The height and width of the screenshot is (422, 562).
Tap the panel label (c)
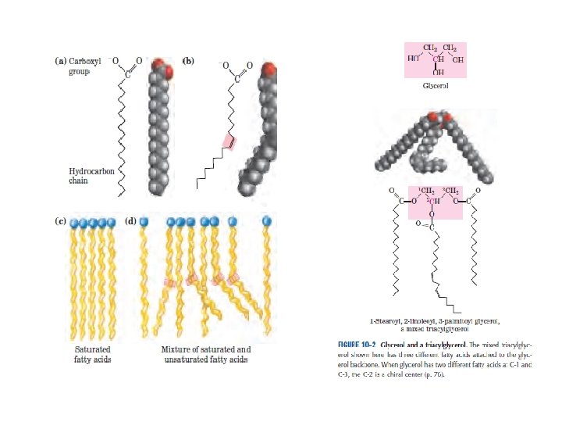59,222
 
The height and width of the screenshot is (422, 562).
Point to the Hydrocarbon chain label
88,176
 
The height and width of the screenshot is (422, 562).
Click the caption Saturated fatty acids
92,354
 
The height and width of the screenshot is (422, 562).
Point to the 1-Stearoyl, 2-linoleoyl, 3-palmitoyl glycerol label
435,324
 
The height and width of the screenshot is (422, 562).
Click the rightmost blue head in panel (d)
266,221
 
